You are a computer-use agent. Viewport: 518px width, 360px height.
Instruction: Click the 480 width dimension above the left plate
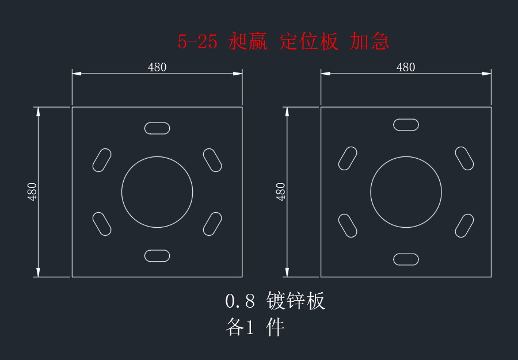(157, 67)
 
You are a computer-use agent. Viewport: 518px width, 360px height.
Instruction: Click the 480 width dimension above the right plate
(406, 67)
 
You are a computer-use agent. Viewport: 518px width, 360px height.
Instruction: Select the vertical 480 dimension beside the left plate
(32, 192)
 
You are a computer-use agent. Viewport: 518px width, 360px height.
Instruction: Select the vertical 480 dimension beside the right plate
(280, 192)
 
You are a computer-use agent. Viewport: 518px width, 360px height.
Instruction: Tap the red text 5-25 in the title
(197, 42)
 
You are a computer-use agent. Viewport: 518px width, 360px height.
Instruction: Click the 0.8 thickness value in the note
(240, 301)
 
